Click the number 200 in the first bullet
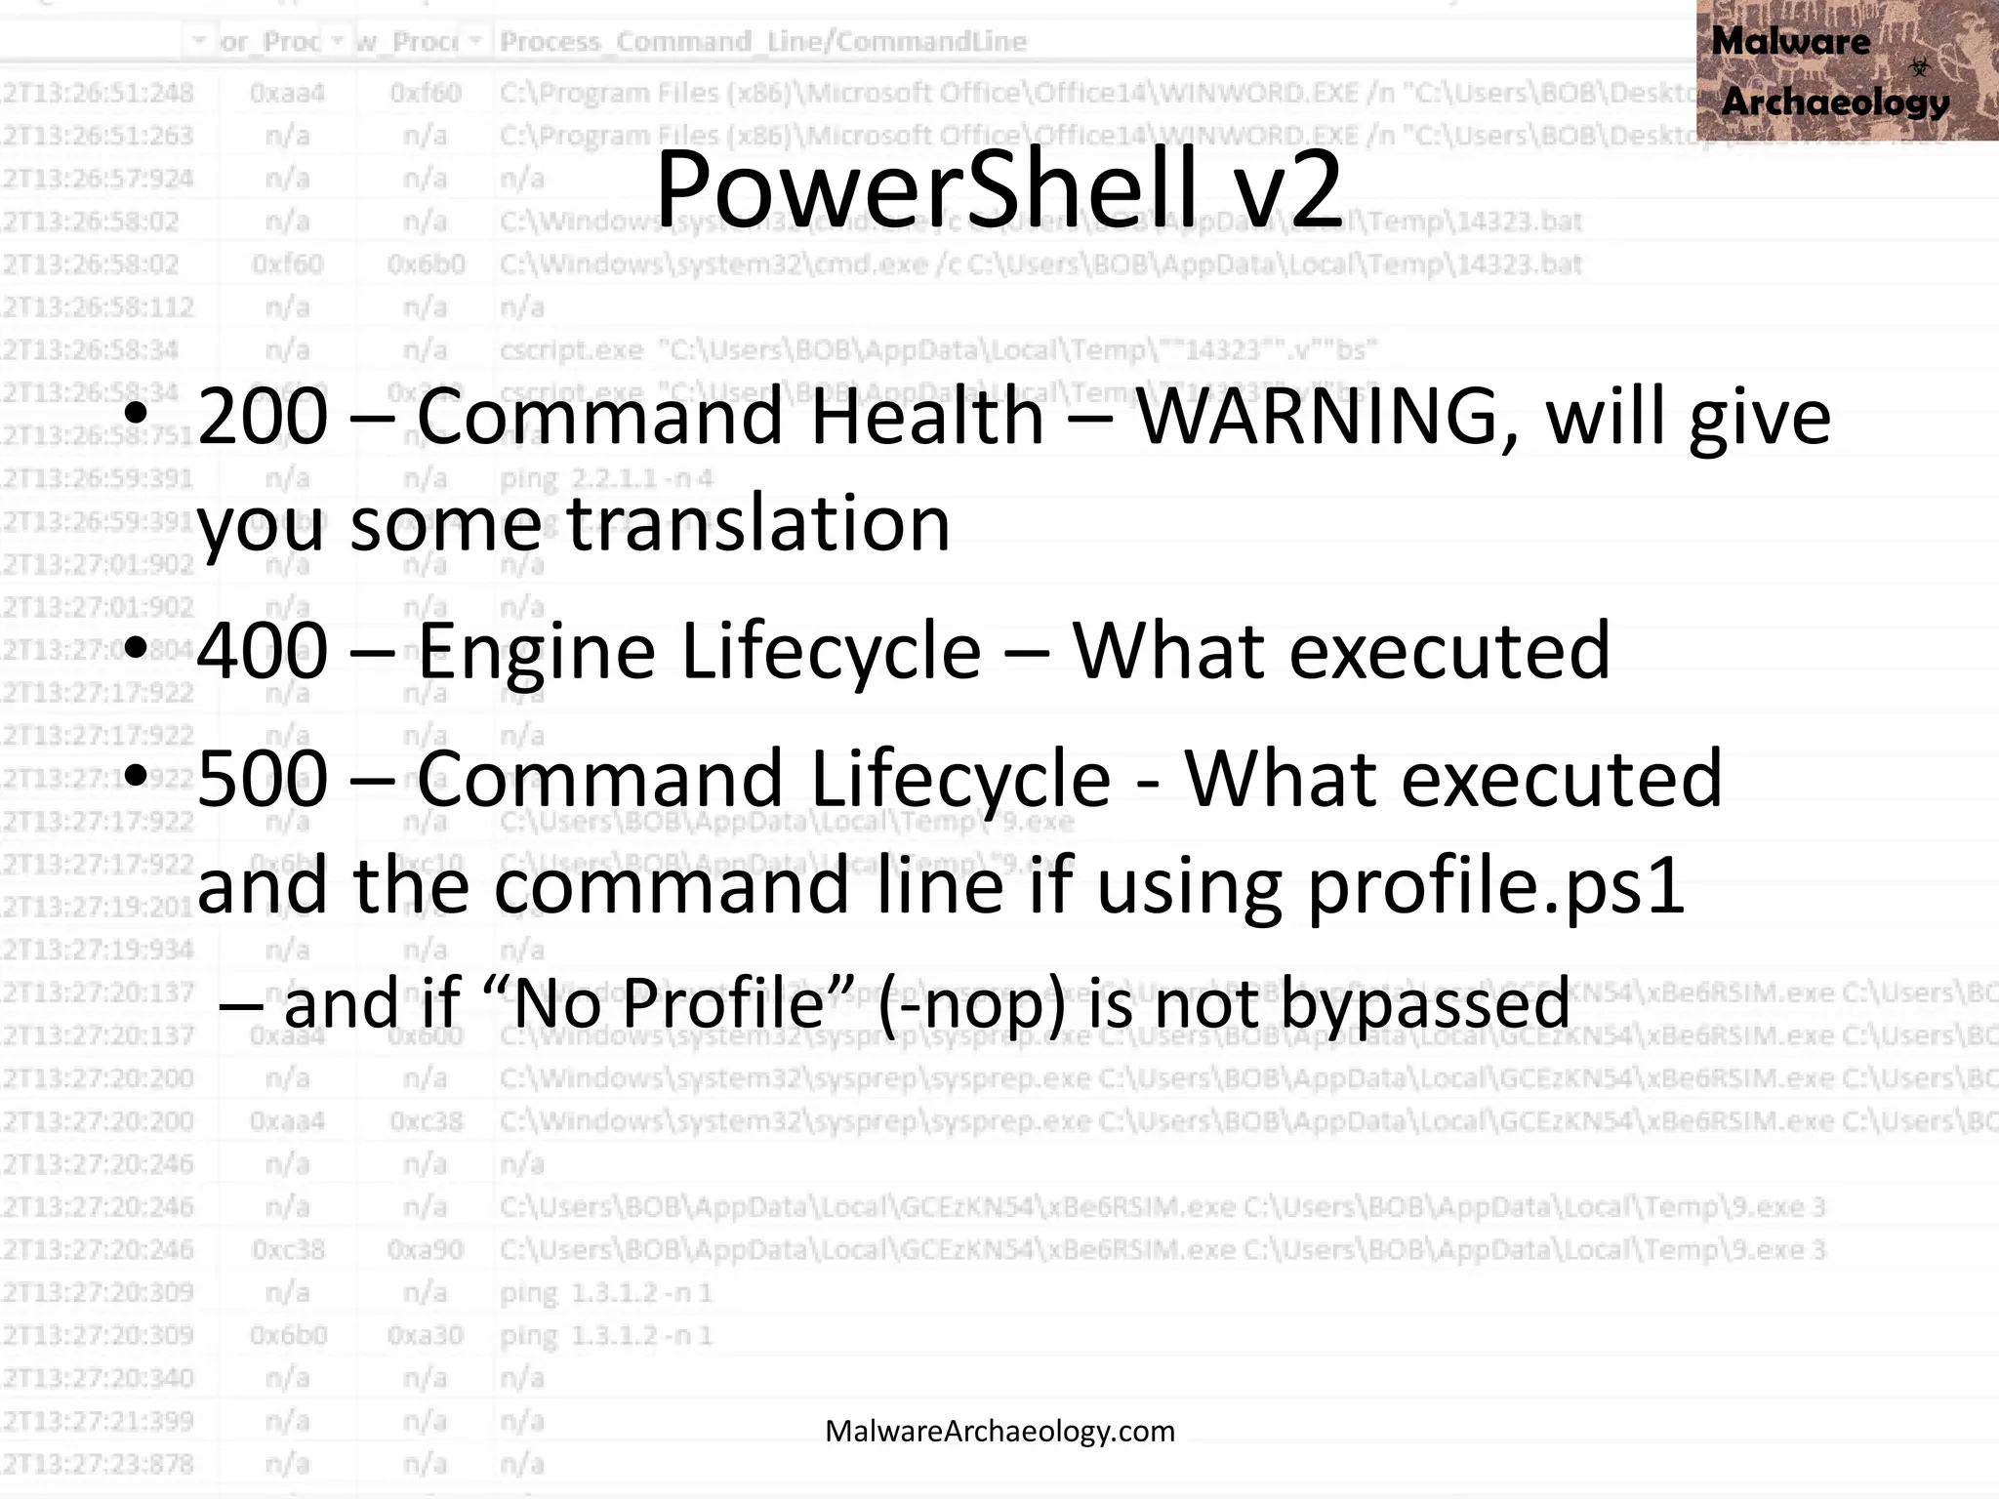pyautogui.click(x=263, y=418)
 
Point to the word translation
pyautogui.click(x=758, y=524)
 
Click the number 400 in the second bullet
pyautogui.click(x=263, y=651)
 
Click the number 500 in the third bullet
pyautogui.click(x=263, y=779)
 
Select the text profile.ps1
pyautogui.click(x=1495, y=886)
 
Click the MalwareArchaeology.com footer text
pyautogui.click(x=999, y=1431)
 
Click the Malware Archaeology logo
pyautogui.click(x=1846, y=70)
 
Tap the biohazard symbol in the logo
pyautogui.click(x=1919, y=67)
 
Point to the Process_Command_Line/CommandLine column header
pyautogui.click(x=762, y=41)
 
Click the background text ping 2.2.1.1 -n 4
pyautogui.click(x=606, y=479)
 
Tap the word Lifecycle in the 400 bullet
pyautogui.click(x=831, y=651)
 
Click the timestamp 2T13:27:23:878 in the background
pyautogui.click(x=98, y=1464)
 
